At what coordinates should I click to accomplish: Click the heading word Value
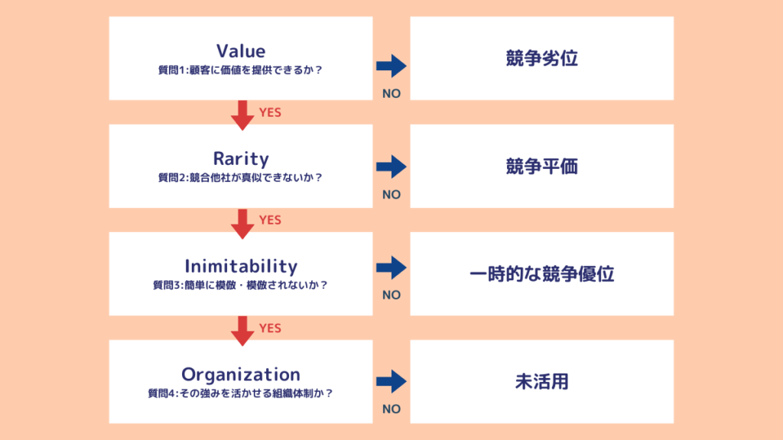(x=241, y=51)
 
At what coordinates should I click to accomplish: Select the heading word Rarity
(x=241, y=159)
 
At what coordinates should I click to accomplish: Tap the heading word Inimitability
(x=241, y=267)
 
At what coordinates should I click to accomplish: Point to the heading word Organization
(x=241, y=374)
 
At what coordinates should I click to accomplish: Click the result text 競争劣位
(x=541, y=59)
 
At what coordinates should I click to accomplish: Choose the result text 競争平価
(x=541, y=167)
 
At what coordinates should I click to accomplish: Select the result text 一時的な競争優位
(x=541, y=274)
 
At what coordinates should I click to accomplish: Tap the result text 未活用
(x=541, y=382)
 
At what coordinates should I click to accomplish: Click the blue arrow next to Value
(x=391, y=66)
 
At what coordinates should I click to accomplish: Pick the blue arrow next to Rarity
(x=391, y=167)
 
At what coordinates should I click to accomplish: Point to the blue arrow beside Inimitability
(x=391, y=267)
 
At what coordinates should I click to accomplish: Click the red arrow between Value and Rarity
(x=242, y=114)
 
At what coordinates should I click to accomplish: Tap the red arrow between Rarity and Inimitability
(x=242, y=222)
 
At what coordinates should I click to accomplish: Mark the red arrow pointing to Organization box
(x=242, y=329)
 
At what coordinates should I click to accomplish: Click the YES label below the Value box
(x=270, y=112)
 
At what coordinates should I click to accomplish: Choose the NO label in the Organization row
(x=391, y=409)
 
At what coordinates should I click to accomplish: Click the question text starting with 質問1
(x=241, y=70)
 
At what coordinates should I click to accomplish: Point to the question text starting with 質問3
(x=241, y=286)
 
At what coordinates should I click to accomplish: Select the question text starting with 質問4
(x=241, y=393)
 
